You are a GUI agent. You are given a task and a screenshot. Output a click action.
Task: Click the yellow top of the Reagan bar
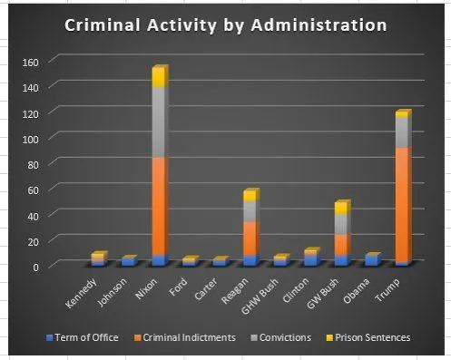click(249, 196)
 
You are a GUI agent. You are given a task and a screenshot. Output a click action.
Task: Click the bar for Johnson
click(128, 261)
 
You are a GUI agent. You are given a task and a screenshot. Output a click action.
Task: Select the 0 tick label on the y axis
click(34, 267)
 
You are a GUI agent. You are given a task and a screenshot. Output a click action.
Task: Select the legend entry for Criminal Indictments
click(185, 337)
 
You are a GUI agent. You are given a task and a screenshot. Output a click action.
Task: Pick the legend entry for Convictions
click(284, 337)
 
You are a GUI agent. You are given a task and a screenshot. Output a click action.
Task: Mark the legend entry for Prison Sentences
click(369, 337)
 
